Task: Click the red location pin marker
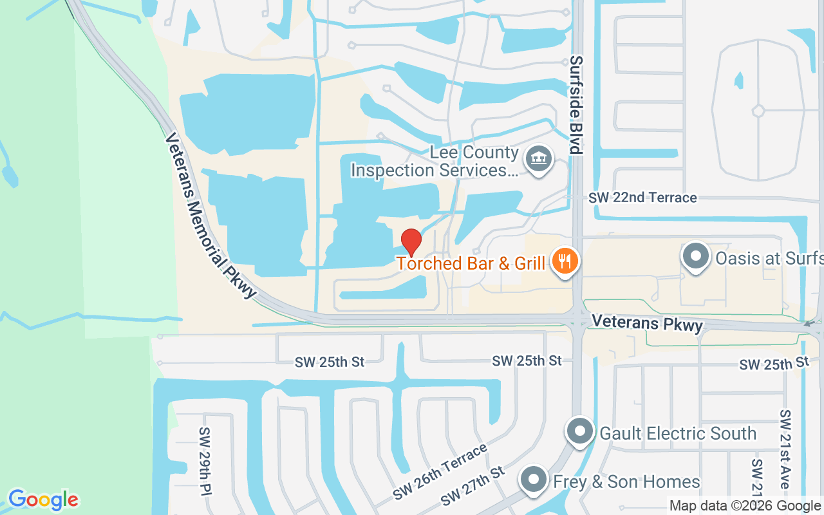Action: (x=411, y=243)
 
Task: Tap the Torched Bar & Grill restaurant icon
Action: (x=565, y=262)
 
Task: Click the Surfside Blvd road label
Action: (x=576, y=104)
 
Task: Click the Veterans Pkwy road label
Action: (x=647, y=323)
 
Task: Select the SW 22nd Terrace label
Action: (x=642, y=198)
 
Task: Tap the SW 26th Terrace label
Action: (x=440, y=474)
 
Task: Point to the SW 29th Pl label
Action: (x=205, y=461)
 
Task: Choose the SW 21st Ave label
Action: (x=785, y=449)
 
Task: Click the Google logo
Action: (x=43, y=500)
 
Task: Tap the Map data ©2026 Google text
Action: (x=745, y=506)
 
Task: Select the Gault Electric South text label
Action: (x=678, y=433)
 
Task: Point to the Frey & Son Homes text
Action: (x=626, y=482)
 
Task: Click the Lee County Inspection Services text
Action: (x=435, y=162)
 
